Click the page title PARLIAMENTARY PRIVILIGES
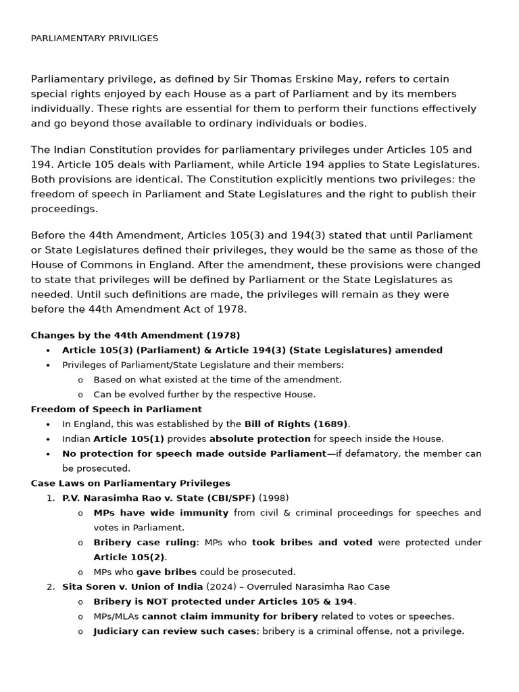click(95, 39)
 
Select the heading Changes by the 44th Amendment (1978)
click(135, 335)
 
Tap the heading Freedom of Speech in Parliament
click(116, 410)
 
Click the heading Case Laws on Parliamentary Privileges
click(130, 483)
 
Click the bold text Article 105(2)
click(129, 558)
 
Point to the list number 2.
click(51, 587)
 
